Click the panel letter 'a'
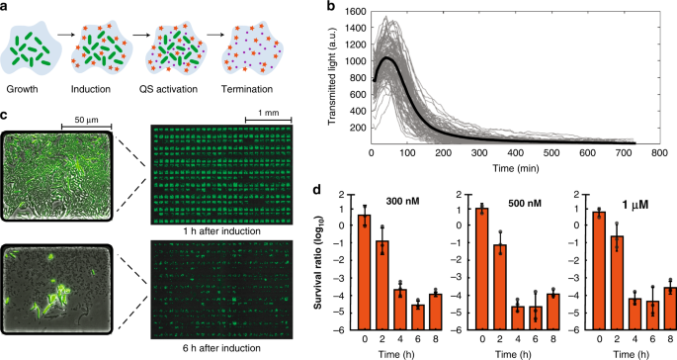5,8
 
